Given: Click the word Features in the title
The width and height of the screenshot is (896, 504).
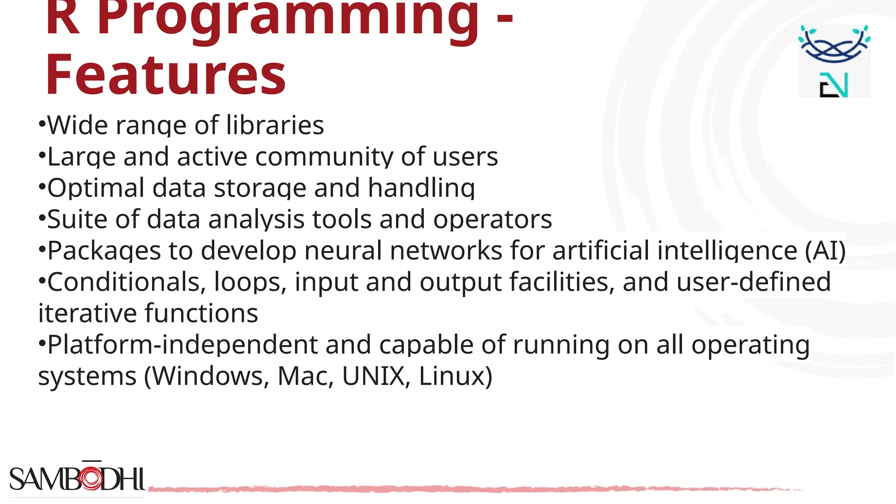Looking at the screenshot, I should click(x=165, y=74).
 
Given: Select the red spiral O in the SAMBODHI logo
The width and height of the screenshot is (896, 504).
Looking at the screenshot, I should click(x=91, y=479).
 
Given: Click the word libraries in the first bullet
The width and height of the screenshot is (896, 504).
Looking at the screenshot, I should click(x=275, y=126).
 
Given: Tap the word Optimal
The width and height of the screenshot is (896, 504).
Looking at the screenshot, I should click(x=96, y=188).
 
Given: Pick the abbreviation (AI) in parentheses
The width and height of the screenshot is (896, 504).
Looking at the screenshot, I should click(x=825, y=251).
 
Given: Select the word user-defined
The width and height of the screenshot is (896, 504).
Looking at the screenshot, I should click(x=753, y=282).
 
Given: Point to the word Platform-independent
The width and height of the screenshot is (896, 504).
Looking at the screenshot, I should click(x=182, y=345).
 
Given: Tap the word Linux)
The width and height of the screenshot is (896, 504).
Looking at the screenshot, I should click(x=455, y=376).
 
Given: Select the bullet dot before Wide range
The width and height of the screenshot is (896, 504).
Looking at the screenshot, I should click(x=42, y=123).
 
